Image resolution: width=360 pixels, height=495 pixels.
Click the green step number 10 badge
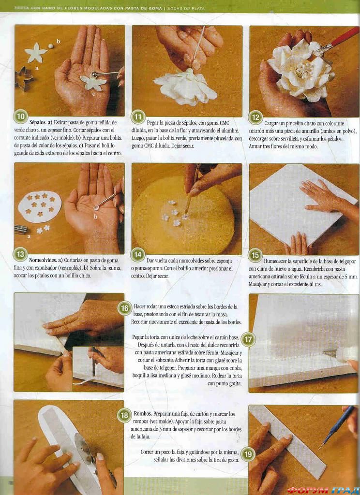pyautogui.click(x=21, y=117)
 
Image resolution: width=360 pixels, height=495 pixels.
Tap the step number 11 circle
pyautogui.click(x=138, y=117)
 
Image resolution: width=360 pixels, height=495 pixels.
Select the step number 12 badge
pyautogui.click(x=255, y=117)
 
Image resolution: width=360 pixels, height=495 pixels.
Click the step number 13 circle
pyautogui.click(x=21, y=254)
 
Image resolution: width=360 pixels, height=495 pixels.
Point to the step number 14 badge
pyautogui.click(x=138, y=255)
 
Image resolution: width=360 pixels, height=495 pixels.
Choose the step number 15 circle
pyautogui.click(x=255, y=255)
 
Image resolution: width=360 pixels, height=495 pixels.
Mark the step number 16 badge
pyautogui.click(x=125, y=308)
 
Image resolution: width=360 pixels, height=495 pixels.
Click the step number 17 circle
pyautogui.click(x=248, y=339)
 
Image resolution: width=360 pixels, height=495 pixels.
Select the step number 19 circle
pyautogui.click(x=248, y=454)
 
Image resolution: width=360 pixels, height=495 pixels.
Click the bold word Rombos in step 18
pyautogui.click(x=142, y=414)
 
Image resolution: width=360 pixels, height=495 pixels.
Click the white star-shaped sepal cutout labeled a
pyautogui.click(x=36, y=53)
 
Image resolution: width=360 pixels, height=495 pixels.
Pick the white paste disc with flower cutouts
pyautogui.click(x=40, y=206)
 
